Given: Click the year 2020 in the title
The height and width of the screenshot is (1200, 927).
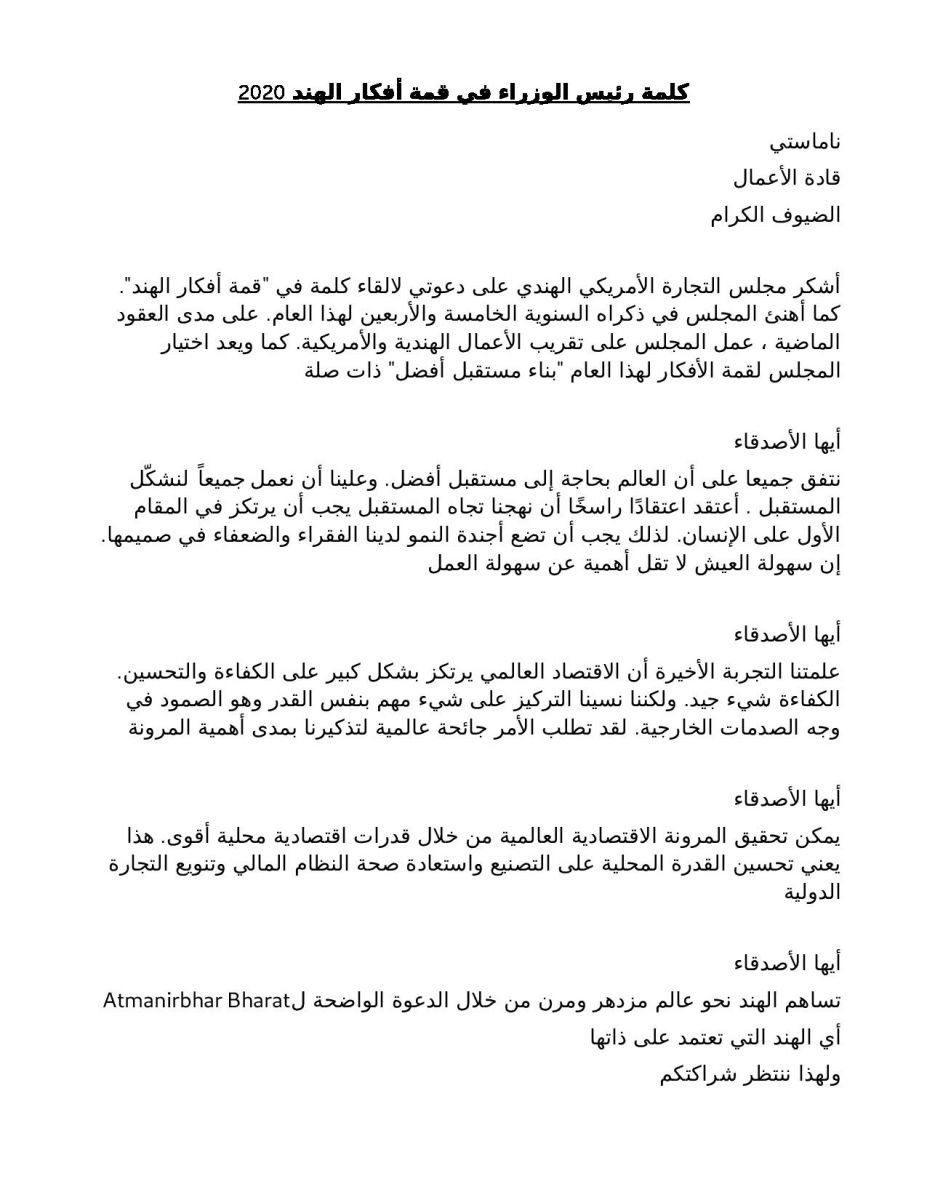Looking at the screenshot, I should (261, 94).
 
